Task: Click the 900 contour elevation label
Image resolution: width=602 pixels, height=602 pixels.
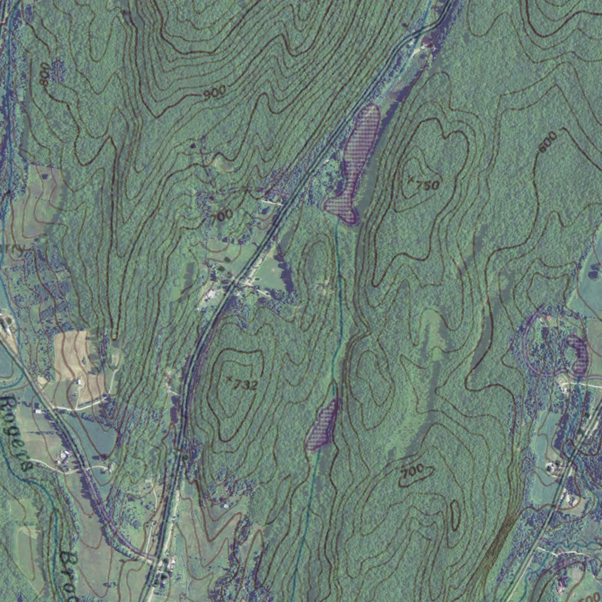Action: click(216, 93)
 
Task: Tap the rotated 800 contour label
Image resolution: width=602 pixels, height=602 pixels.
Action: click(44, 75)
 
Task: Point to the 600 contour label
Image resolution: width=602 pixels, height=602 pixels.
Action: click(547, 142)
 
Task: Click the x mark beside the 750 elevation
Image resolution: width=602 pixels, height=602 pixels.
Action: click(410, 178)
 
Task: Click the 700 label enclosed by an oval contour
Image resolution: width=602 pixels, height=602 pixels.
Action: click(413, 471)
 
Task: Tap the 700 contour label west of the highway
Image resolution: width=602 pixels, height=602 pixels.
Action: click(223, 215)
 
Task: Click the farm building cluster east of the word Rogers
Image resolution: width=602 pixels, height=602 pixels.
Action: click(63, 457)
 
